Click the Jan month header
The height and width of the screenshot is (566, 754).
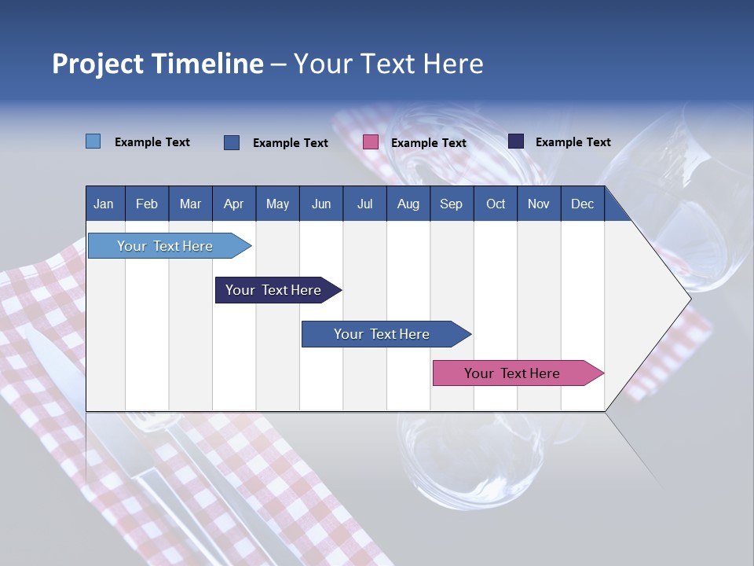point(104,204)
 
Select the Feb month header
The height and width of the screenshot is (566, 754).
point(147,204)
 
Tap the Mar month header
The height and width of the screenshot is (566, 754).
point(190,204)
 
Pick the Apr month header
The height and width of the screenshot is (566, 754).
point(234,204)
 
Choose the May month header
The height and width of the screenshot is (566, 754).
point(277,204)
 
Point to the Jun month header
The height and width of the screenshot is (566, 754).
point(321,204)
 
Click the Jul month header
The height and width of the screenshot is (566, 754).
point(364,204)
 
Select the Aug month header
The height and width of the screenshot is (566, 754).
point(408,204)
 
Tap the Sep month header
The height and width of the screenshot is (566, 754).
point(451,204)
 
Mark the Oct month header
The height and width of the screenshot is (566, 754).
point(496,204)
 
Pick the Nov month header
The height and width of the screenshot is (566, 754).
point(539,204)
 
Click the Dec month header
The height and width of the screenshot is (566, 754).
point(582,204)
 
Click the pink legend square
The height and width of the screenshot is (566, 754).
point(371,142)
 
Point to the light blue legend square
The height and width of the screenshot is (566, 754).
point(93,141)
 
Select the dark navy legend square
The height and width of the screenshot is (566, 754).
point(516,141)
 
